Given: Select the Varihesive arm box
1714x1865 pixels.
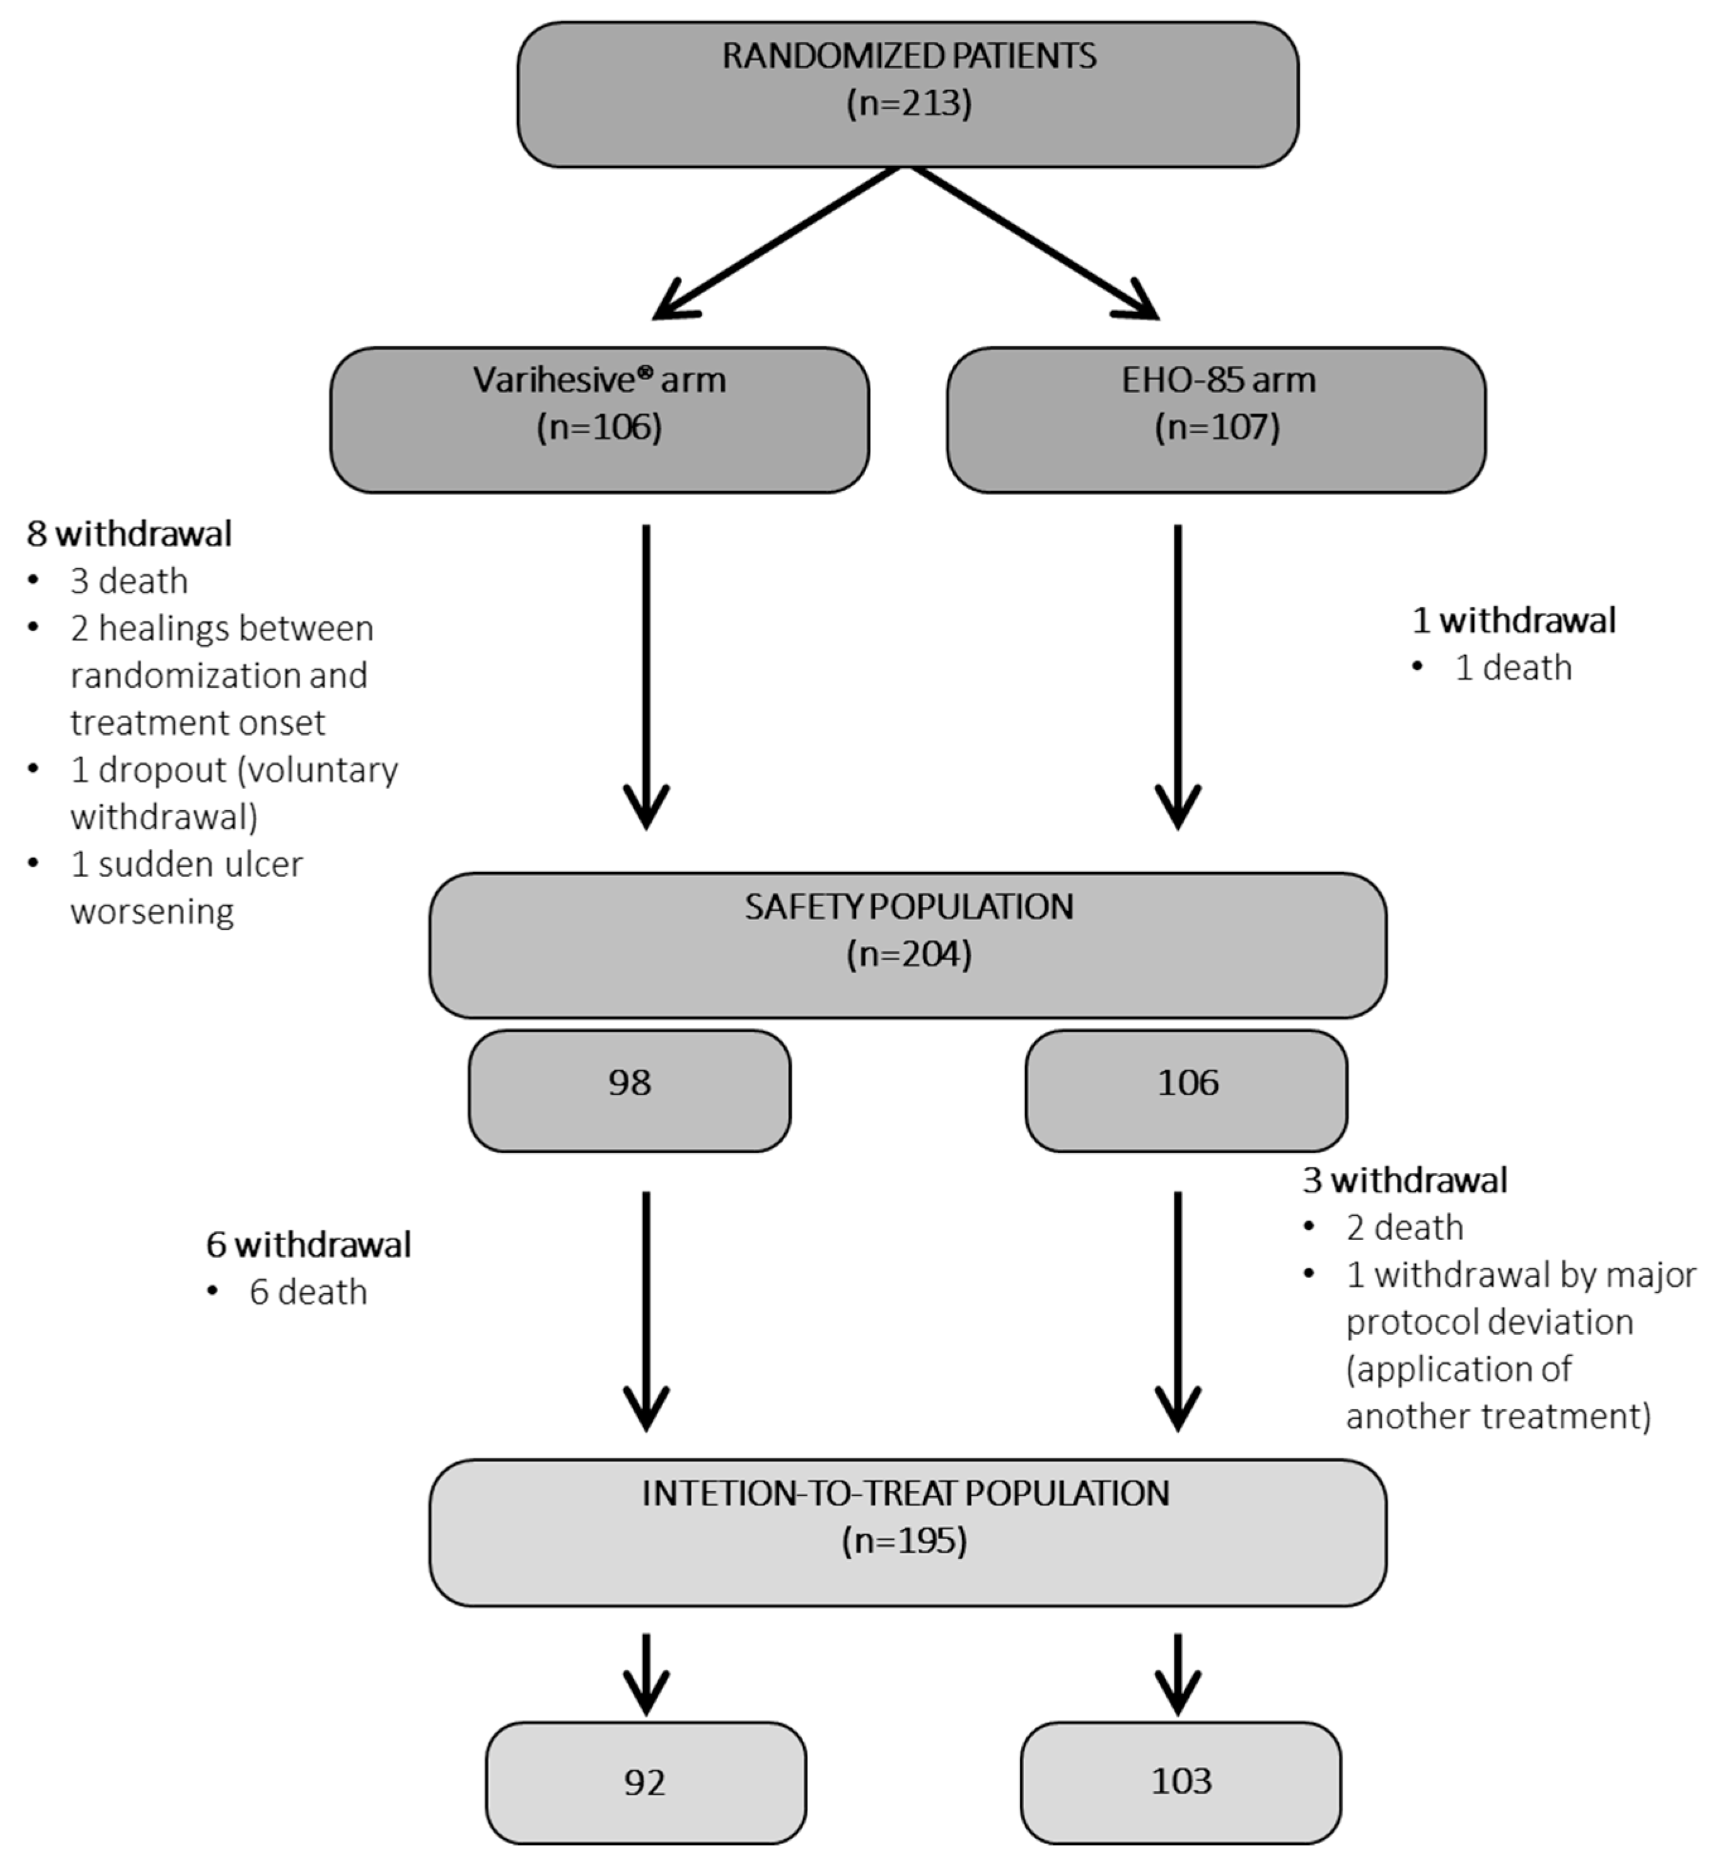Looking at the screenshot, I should [599, 419].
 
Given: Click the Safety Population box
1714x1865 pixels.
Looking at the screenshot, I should [907, 944].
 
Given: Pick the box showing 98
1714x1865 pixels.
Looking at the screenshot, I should [629, 1090].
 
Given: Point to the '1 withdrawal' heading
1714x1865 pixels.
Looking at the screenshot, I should [1513, 620].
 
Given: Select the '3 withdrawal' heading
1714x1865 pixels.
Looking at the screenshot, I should [1404, 1180].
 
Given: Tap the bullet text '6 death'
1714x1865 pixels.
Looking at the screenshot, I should [308, 1292].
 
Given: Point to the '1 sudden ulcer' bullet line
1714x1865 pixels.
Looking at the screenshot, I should [185, 864].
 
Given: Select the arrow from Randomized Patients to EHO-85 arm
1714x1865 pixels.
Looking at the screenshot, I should [1034, 243].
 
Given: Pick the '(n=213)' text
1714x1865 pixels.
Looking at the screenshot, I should [909, 102].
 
